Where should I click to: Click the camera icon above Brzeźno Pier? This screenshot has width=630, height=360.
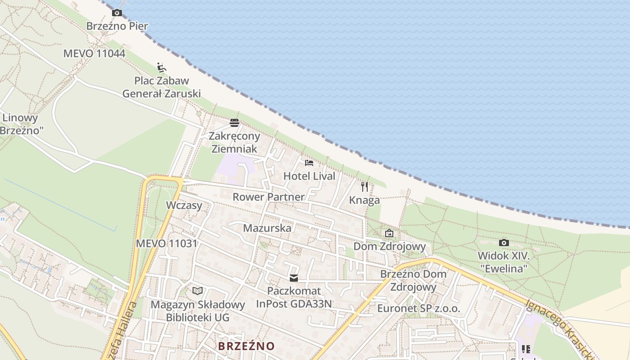(x=117, y=13)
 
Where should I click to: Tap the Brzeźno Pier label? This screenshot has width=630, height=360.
(x=117, y=26)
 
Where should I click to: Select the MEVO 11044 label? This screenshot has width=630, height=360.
(x=94, y=54)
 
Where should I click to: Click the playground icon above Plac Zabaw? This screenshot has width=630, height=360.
(x=162, y=68)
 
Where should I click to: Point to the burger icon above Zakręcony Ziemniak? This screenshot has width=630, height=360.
(x=234, y=122)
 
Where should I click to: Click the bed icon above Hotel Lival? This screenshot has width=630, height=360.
(x=309, y=162)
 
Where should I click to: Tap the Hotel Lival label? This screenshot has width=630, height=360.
(x=309, y=176)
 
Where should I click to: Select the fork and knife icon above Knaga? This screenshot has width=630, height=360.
(x=364, y=186)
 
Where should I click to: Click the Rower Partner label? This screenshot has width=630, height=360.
(x=268, y=197)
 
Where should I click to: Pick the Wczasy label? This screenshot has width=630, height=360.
(x=184, y=205)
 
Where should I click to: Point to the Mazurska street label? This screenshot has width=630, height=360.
(x=267, y=228)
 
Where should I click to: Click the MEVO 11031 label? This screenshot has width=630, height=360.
(x=166, y=243)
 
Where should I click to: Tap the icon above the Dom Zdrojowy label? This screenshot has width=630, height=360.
(x=389, y=233)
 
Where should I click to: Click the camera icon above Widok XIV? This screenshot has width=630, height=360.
(x=504, y=243)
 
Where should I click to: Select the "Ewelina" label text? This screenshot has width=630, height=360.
(x=504, y=269)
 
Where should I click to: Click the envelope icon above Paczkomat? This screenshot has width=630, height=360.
(x=294, y=278)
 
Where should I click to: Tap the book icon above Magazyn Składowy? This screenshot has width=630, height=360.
(x=198, y=291)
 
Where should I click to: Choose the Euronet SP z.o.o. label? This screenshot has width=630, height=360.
(x=418, y=308)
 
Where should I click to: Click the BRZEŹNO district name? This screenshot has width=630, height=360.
(x=246, y=346)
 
